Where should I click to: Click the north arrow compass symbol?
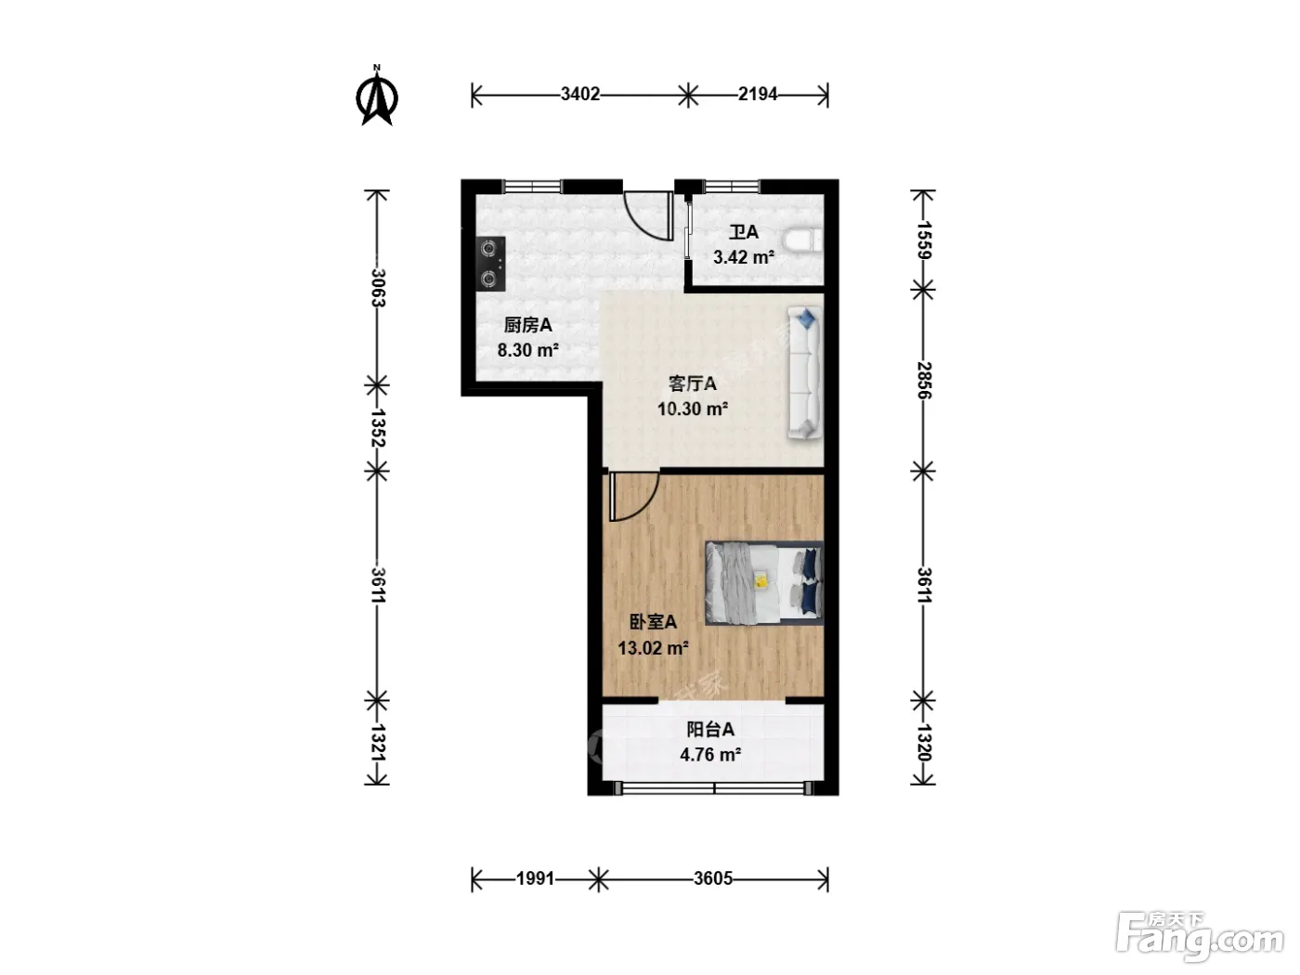pyautogui.click(x=377, y=97)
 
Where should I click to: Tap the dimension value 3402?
pyautogui.click(x=580, y=94)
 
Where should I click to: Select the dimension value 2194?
pyautogui.click(x=758, y=94)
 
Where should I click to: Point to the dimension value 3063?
pyautogui.click(x=378, y=288)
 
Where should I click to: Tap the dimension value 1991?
pyautogui.click(x=536, y=878)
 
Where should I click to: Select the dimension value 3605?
pyautogui.click(x=713, y=878)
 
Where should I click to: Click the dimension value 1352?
pyautogui.click(x=378, y=428)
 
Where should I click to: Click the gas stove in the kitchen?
pyautogui.click(x=491, y=264)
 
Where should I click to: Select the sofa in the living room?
pyautogui.click(x=805, y=373)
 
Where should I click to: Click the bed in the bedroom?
pyautogui.click(x=764, y=583)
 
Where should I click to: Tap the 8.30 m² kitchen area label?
pyautogui.click(x=527, y=350)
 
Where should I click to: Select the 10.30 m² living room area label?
pyautogui.click(x=693, y=409)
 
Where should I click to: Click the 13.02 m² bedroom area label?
pyautogui.click(x=653, y=648)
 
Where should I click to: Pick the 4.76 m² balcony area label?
pyautogui.click(x=710, y=755)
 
